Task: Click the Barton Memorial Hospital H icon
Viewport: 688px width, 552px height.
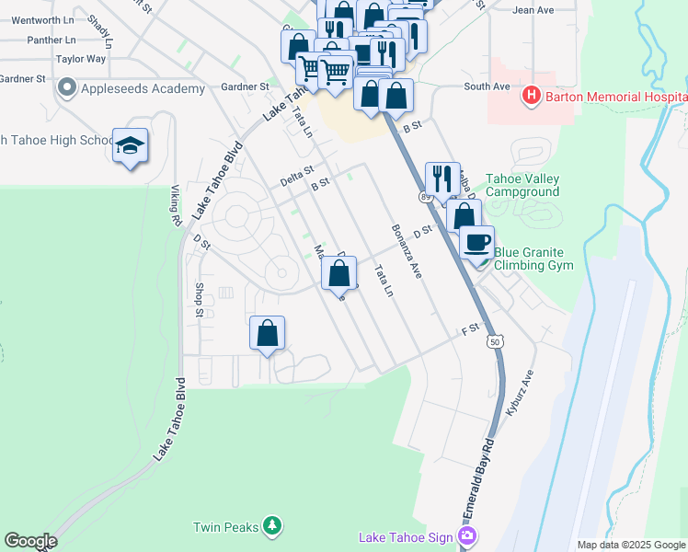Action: [x=530, y=95]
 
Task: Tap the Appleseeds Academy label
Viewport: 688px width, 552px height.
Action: [x=142, y=88]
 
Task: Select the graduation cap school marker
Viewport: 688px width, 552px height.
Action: [x=130, y=145]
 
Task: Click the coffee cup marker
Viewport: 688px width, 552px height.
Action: [x=476, y=243]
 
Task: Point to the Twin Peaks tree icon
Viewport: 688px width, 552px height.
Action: [x=271, y=525]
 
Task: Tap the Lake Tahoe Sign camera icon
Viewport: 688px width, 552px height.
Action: [x=468, y=535]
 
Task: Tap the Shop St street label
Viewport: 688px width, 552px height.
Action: [x=200, y=300]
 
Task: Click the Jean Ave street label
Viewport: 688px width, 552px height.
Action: [x=533, y=10]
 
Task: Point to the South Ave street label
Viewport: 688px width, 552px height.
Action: [x=487, y=86]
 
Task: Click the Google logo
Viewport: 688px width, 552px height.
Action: [x=29, y=541]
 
